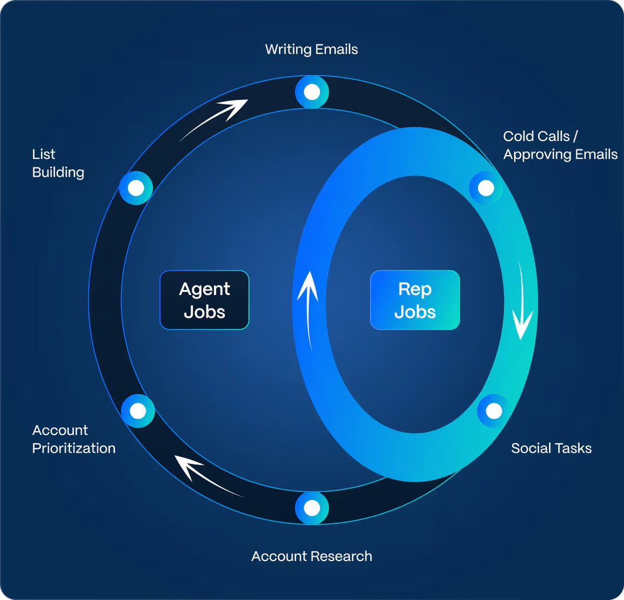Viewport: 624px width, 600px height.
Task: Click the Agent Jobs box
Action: click(204, 300)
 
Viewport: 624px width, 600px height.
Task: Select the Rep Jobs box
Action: click(415, 300)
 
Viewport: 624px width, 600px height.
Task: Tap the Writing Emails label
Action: click(311, 49)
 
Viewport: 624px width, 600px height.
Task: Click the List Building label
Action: click(58, 163)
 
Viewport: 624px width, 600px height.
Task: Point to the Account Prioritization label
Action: click(73, 439)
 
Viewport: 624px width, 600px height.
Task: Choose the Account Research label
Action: click(311, 556)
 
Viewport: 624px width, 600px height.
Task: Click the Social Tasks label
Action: click(551, 448)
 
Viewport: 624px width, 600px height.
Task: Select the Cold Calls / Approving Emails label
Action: click(560, 145)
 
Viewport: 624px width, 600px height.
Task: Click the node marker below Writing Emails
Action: click(312, 92)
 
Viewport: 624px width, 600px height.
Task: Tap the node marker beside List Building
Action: click(136, 188)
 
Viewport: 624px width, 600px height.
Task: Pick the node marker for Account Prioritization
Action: click(138, 411)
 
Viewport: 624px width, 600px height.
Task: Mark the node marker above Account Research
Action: click(312, 508)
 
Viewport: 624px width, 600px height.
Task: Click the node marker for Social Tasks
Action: click(493, 411)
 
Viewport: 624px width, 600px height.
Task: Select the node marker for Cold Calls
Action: click(486, 188)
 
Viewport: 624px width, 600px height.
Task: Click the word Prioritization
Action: click(73, 448)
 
